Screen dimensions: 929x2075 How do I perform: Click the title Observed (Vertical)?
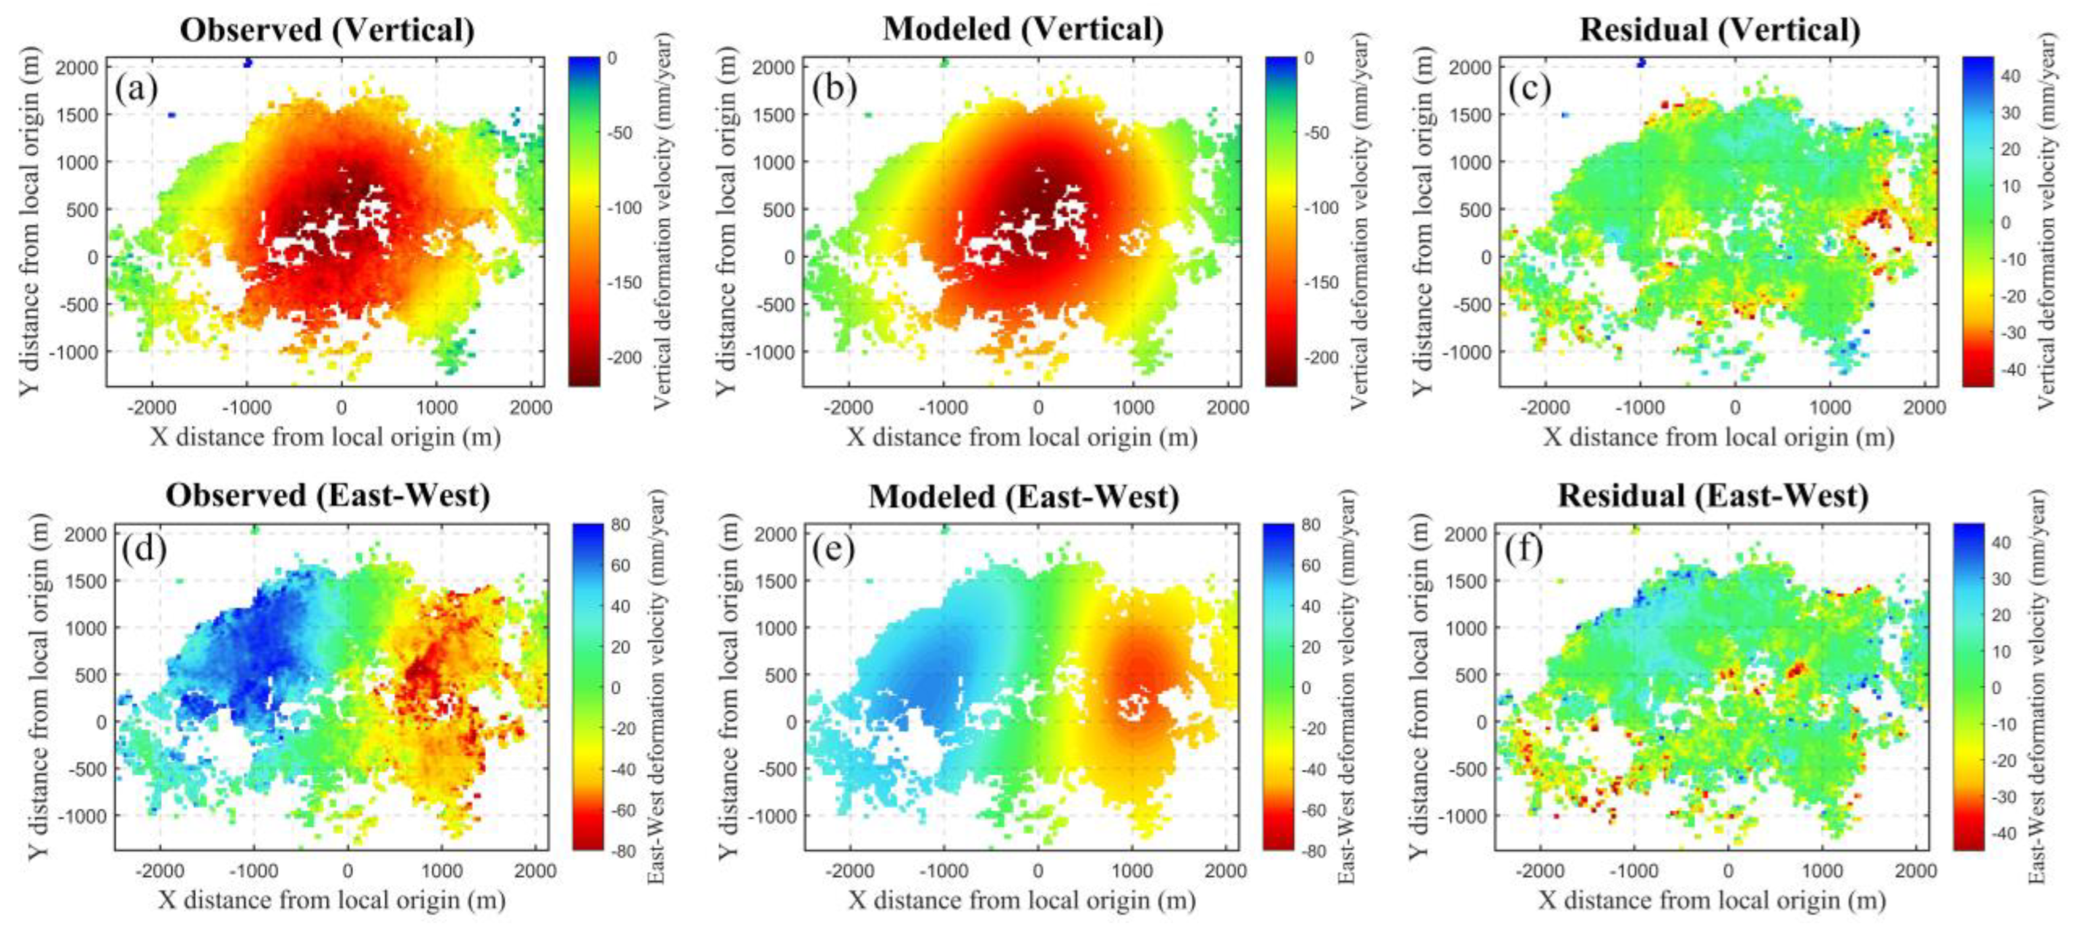[x=327, y=30]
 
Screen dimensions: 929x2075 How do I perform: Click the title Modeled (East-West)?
[x=1023, y=496]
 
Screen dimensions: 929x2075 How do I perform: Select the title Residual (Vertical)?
[x=1719, y=30]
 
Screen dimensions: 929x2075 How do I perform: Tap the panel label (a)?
[x=136, y=87]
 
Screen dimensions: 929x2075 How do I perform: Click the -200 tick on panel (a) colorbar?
[x=624, y=357]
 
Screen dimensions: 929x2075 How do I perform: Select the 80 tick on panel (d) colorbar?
[x=621, y=525]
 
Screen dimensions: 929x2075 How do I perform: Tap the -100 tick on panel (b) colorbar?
[x=1321, y=208]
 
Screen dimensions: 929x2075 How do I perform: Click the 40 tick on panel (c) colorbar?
[x=2011, y=76]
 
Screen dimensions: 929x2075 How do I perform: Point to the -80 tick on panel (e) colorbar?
[x=1313, y=851]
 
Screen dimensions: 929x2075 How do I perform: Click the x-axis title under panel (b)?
[x=1021, y=437]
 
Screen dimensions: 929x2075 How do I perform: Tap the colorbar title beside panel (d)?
[x=657, y=687]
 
